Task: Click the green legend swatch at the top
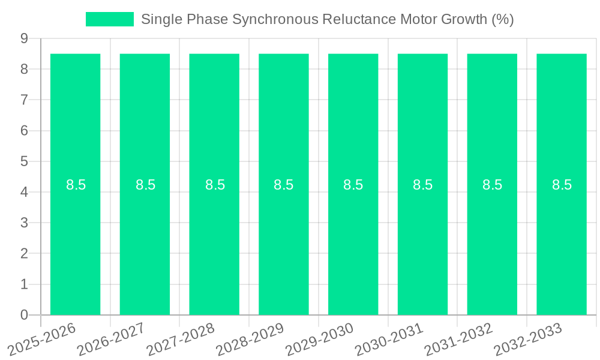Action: pyautogui.click(x=110, y=19)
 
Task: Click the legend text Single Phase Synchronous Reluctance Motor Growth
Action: pyautogui.click(x=327, y=19)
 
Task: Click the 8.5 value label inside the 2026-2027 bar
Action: pyautogui.click(x=145, y=185)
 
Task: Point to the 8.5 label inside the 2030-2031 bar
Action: pyautogui.click(x=422, y=185)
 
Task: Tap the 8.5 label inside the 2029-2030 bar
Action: pyautogui.click(x=353, y=185)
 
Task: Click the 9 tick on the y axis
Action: pyautogui.click(x=25, y=38)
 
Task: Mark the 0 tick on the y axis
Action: pyautogui.click(x=25, y=315)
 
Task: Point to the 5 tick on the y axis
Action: pyautogui.click(x=25, y=161)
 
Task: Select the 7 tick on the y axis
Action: pyautogui.click(x=25, y=100)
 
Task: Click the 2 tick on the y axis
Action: pyautogui.click(x=25, y=254)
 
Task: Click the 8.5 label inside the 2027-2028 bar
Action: pyautogui.click(x=215, y=185)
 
